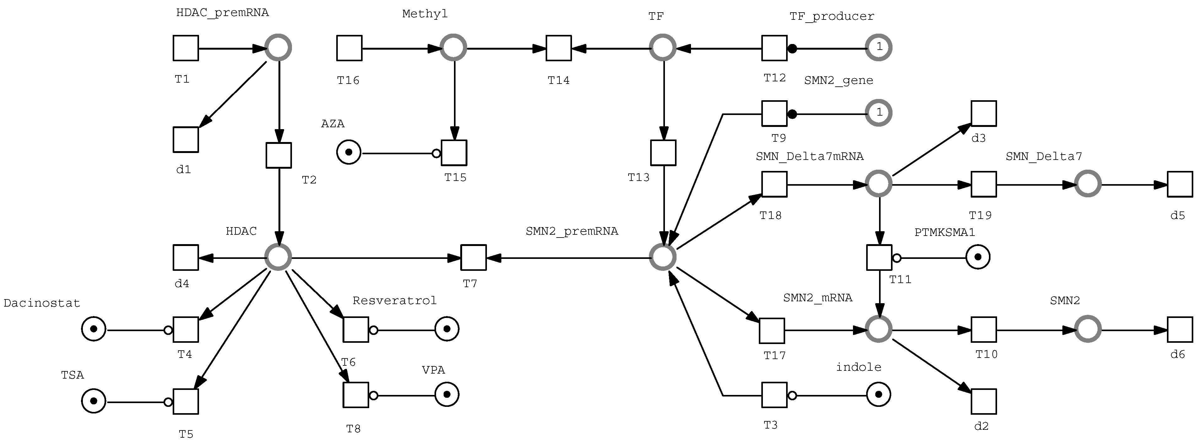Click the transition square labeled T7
(x=473, y=257)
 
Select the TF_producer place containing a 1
(x=878, y=47)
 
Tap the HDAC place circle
(x=278, y=257)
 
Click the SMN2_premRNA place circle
(x=663, y=257)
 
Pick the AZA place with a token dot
(x=349, y=153)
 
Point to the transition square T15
(x=454, y=153)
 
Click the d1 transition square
(x=186, y=139)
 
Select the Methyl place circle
(x=453, y=47)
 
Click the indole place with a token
(x=878, y=395)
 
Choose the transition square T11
(x=879, y=257)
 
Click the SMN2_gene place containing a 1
(x=878, y=113)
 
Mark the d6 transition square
(x=1180, y=330)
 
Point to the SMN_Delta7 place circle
(x=1088, y=184)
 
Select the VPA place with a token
(x=447, y=395)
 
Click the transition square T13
(x=663, y=153)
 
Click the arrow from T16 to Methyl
(x=400, y=48)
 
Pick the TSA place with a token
(x=94, y=401)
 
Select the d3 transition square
(x=984, y=113)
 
